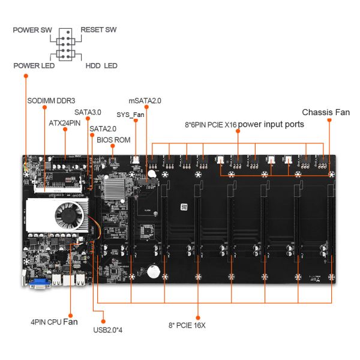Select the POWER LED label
(34, 65)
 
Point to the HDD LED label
(101, 65)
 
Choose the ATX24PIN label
(64, 122)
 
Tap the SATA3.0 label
(88, 112)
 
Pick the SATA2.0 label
(103, 128)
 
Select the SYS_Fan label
(130, 114)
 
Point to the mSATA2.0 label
(145, 101)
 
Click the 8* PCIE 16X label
(186, 325)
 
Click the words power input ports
(271, 125)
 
